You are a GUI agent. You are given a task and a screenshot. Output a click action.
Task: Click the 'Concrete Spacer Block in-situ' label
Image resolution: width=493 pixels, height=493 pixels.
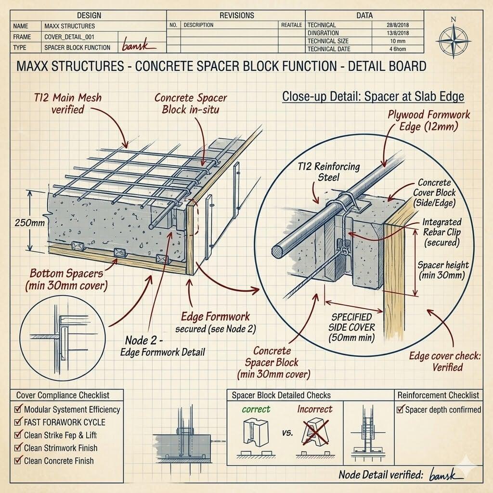pos(190,103)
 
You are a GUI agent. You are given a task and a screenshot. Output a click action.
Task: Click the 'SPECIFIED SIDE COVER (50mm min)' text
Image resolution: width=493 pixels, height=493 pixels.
pos(351,327)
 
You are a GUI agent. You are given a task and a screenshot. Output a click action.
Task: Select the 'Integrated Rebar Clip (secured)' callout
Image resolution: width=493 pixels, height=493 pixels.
pos(441,233)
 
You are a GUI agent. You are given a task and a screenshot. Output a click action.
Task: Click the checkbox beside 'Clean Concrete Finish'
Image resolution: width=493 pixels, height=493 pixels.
pos(18,460)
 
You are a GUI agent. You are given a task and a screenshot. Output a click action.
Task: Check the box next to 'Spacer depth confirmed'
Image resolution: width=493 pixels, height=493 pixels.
pos(400,410)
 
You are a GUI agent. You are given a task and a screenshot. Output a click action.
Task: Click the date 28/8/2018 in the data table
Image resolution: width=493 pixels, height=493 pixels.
pos(397,25)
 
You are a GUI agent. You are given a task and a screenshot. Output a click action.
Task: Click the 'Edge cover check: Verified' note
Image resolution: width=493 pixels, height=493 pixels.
pos(436,362)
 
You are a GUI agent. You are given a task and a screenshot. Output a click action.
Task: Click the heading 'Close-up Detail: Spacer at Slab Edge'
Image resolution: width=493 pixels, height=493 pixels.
pos(373,96)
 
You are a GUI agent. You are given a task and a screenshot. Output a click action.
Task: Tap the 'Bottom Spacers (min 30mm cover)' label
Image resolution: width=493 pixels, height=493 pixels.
pos(66,280)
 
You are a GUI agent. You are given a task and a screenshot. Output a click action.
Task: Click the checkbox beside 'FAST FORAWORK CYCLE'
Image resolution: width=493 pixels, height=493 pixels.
pos(18,422)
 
